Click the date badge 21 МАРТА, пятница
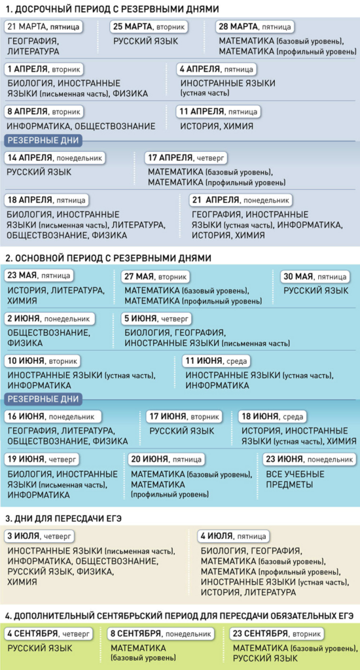pyautogui.click(x=44, y=26)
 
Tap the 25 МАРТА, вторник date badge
pyautogui.click(x=149, y=26)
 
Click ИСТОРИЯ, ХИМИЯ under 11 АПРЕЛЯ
pyautogui.click(x=217, y=126)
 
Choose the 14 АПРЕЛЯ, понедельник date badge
pyautogui.click(x=55, y=158)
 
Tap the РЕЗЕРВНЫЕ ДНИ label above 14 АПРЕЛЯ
pyautogui.click(x=43, y=141)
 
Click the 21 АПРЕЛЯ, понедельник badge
pyautogui.click(x=241, y=200)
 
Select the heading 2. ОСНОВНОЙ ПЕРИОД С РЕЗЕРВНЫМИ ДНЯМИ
pyautogui.click(x=108, y=258)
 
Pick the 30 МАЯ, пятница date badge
pyautogui.click(x=315, y=277)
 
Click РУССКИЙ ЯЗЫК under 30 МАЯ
pyautogui.click(x=316, y=291)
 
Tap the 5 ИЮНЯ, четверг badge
pyautogui.click(x=157, y=319)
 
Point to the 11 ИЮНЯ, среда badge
pyautogui.click(x=217, y=361)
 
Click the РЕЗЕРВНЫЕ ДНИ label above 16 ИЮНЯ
pyautogui.click(x=43, y=399)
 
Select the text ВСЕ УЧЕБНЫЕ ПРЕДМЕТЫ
pyautogui.click(x=295, y=480)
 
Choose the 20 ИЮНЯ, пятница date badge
pyautogui.click(x=166, y=459)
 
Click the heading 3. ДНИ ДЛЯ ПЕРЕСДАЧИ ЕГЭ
pyautogui.click(x=63, y=518)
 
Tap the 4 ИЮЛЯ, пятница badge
pyautogui.click(x=234, y=536)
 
